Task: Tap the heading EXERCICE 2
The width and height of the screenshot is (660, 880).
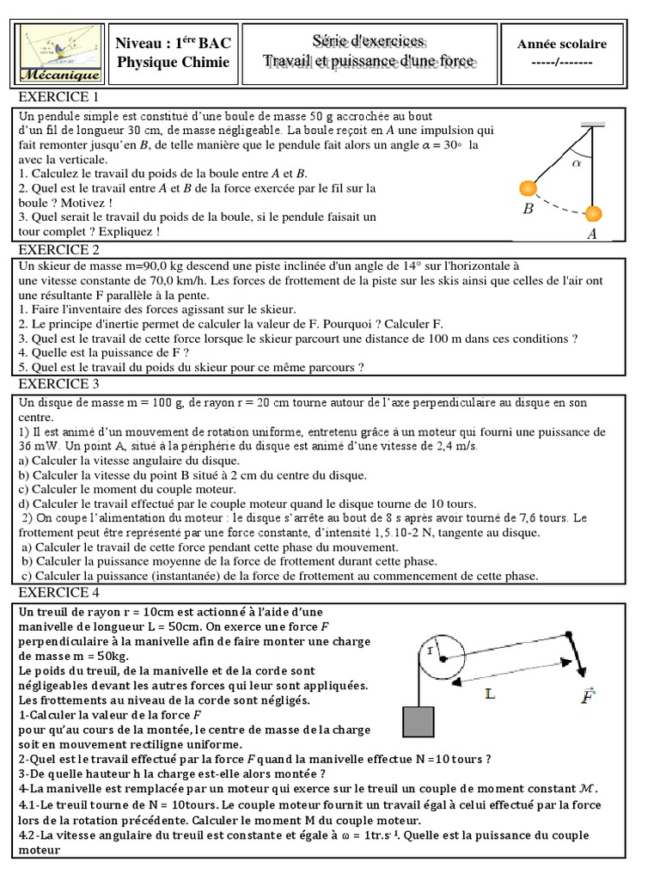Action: click(59, 250)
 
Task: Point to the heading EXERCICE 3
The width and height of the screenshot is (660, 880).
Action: click(59, 384)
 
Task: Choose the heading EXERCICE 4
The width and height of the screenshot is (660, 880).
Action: click(59, 592)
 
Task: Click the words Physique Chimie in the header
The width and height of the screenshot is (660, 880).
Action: click(174, 63)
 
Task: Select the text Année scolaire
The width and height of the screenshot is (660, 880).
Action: click(561, 44)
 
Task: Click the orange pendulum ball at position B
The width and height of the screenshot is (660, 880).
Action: click(527, 188)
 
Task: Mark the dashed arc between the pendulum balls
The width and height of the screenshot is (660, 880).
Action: click(559, 205)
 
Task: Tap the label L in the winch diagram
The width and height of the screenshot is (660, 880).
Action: click(490, 694)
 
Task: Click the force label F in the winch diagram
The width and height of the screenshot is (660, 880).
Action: click(587, 696)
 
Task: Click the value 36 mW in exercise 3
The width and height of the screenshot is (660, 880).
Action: click(36, 447)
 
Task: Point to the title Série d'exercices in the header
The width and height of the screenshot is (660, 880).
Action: click(369, 42)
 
